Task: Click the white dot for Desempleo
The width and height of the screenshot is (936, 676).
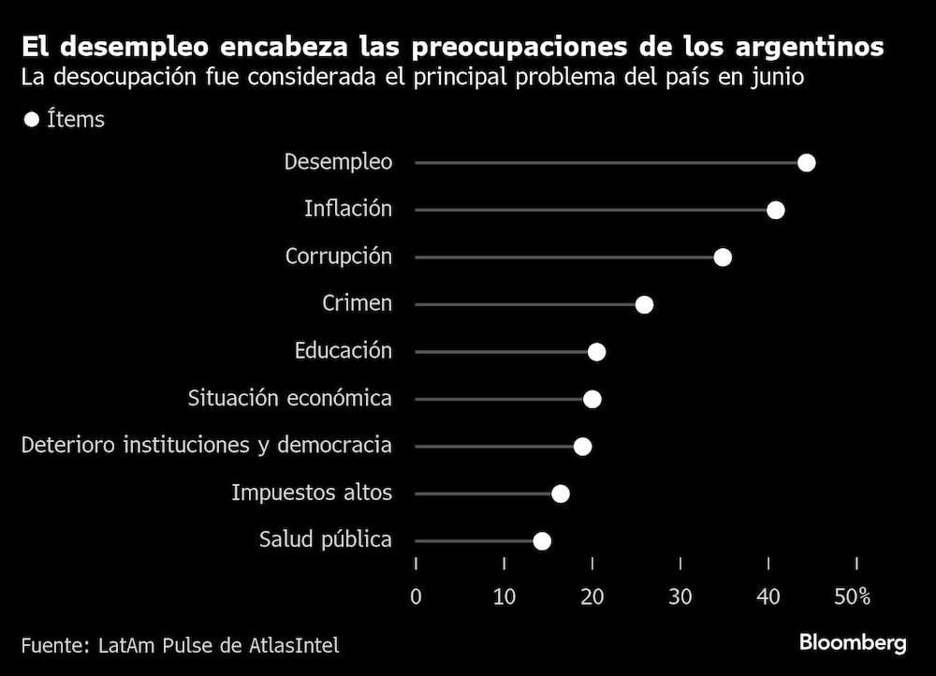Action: point(806,163)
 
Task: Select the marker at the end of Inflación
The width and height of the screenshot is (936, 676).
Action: point(775,210)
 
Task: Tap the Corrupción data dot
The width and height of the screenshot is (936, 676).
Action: point(722,257)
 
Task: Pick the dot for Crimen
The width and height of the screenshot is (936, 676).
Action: point(644,304)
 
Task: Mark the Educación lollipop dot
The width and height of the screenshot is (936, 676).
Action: point(596,352)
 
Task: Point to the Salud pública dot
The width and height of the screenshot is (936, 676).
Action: point(541,541)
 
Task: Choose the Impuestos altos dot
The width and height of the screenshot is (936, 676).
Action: point(560,493)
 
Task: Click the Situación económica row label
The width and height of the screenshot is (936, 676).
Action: point(289,398)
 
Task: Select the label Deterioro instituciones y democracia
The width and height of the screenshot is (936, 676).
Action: point(206,445)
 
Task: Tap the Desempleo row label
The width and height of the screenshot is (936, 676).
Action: point(338,162)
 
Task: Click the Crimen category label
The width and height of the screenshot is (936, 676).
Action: point(357,303)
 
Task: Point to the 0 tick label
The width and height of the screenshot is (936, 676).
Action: point(416,596)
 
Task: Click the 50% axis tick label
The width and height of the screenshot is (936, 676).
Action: point(852,596)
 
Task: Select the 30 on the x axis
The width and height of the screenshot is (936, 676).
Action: point(680,596)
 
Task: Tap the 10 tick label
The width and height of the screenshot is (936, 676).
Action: point(504,596)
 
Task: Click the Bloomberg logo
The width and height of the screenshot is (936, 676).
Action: point(852,643)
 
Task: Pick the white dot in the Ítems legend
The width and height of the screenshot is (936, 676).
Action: point(31,120)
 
